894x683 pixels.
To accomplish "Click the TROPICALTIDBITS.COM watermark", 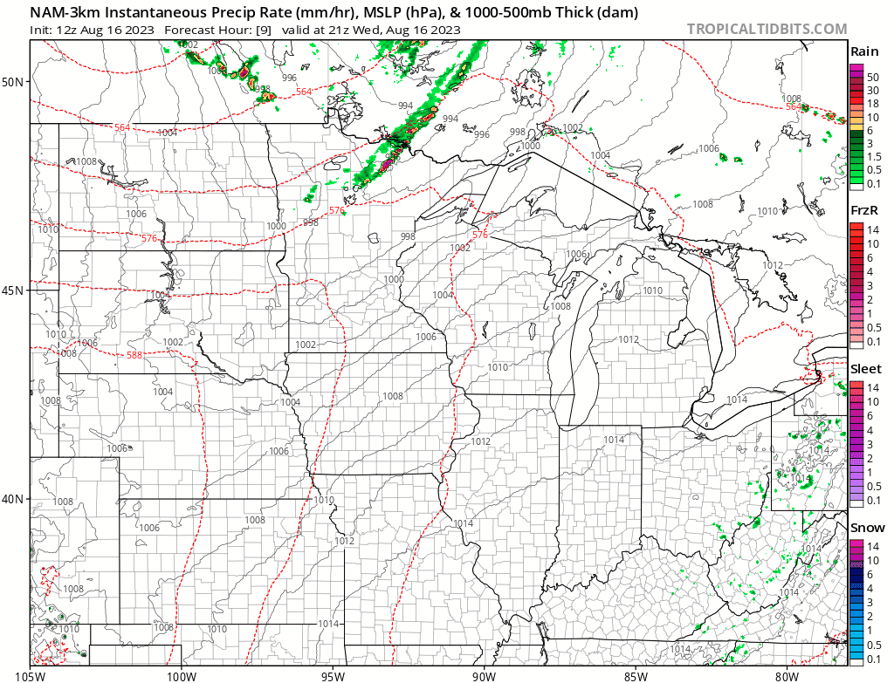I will tap(767, 29).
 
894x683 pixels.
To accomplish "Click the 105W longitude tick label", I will tap(30, 674).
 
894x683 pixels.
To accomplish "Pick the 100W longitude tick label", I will tap(182, 674).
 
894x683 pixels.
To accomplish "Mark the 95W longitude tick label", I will tap(333, 674).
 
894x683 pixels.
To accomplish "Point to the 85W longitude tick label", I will tap(636, 674).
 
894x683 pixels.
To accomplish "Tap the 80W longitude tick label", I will tap(787, 674).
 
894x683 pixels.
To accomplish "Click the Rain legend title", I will tap(865, 52).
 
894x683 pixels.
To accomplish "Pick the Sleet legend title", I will tap(866, 369).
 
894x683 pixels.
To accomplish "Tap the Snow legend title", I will tap(867, 528).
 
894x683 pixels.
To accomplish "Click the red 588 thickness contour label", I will tap(134, 355).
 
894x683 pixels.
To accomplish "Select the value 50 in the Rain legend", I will tap(872, 77).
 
